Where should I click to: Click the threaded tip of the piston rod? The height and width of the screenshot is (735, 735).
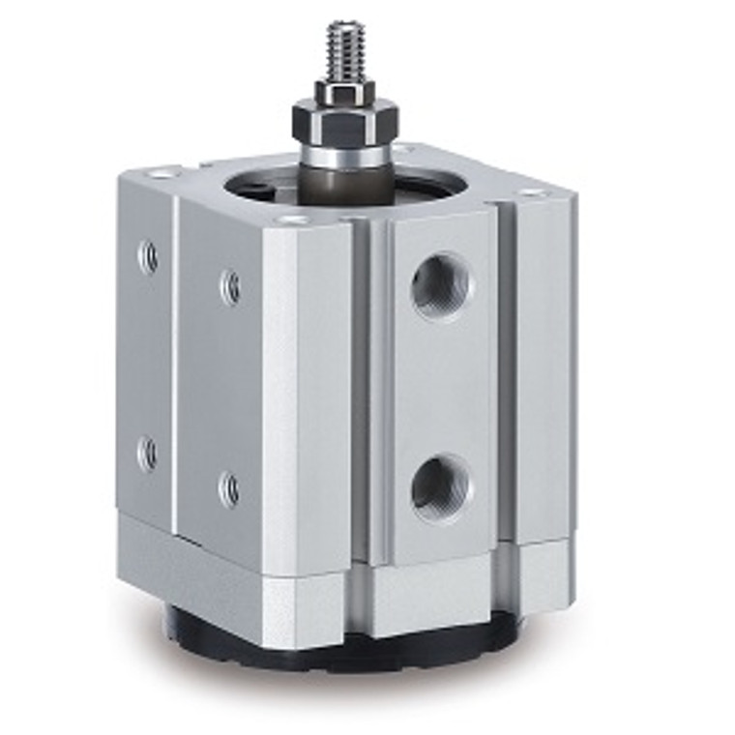coord(344,48)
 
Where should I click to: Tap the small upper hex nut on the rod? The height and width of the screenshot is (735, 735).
coord(344,93)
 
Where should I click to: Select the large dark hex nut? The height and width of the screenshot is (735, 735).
coord(343,121)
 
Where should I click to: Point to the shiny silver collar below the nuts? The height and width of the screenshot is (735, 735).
coord(344,155)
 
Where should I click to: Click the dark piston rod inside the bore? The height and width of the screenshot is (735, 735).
coord(344,181)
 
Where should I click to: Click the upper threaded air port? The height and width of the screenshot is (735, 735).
coord(441,285)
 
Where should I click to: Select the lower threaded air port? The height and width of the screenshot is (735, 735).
coord(441,486)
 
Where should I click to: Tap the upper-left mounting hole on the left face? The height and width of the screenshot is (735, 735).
coord(149,256)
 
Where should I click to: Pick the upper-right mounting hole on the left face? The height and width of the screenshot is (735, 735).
coord(230,285)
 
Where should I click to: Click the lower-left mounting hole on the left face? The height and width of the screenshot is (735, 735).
coord(148,454)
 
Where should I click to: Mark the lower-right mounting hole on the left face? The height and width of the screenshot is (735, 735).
coord(230,488)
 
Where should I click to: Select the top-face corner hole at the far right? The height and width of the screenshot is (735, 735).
coord(530,191)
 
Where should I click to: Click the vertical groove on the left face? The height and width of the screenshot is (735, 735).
coord(175,367)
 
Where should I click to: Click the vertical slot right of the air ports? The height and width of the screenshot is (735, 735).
coord(503,387)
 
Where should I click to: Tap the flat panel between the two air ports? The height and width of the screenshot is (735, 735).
coord(441,387)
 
